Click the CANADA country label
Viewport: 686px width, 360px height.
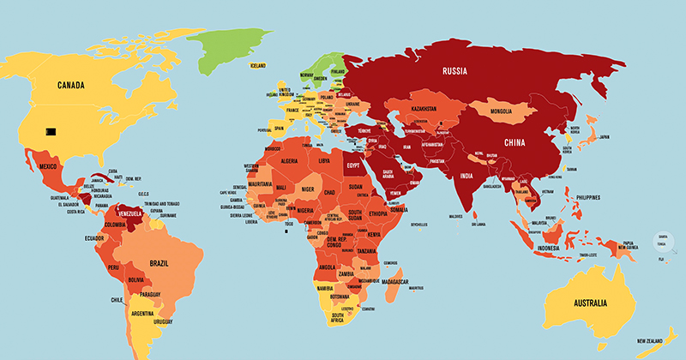75,85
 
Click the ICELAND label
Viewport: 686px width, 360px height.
258,65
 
